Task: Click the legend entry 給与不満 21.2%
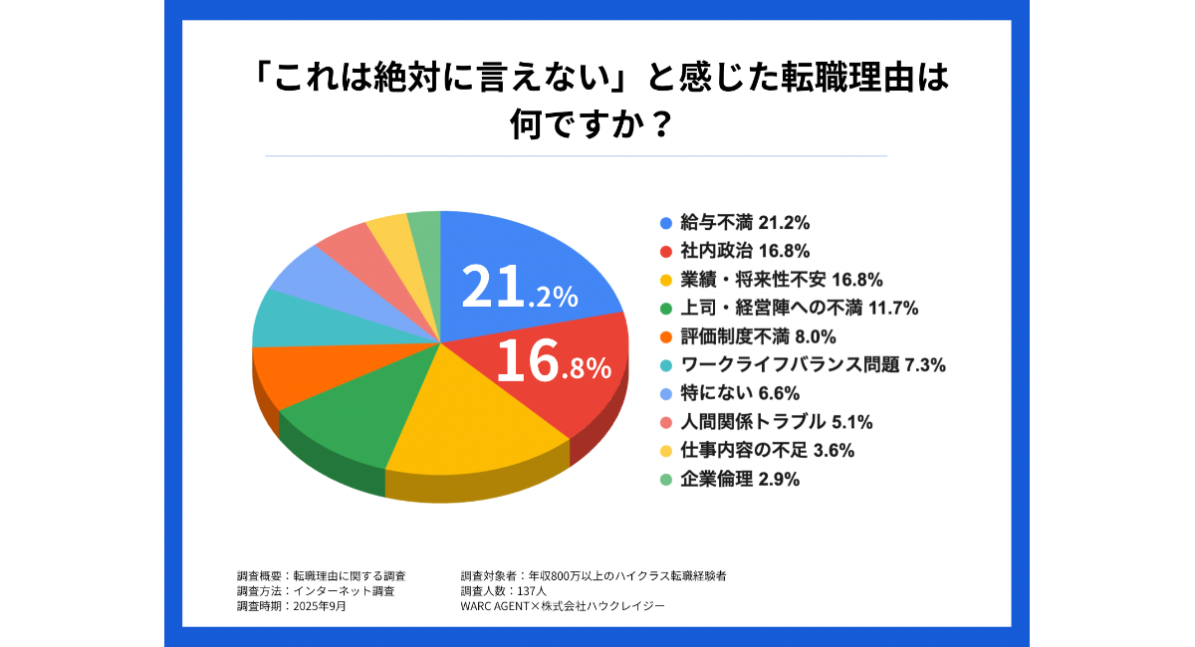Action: tap(738, 221)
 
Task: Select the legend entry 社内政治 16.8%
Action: tap(738, 249)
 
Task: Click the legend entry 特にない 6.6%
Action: tap(738, 392)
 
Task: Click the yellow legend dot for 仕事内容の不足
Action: tap(665, 450)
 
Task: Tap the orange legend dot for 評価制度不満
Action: tap(665, 335)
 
